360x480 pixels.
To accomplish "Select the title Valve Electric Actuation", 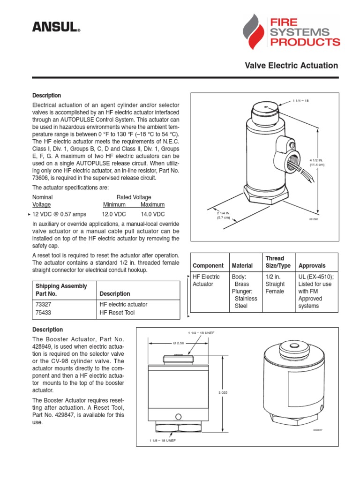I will pyautogui.click(x=291, y=66).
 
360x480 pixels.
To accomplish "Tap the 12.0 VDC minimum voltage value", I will pyautogui.click(x=114, y=214).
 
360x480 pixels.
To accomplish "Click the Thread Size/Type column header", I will pyautogui.click(x=278, y=262).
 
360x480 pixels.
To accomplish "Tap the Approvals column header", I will pyautogui.click(x=312, y=265).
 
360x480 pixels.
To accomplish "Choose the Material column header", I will pyautogui.click(x=242, y=265).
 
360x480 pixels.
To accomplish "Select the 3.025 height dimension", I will pyautogui.click(x=223, y=392).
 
